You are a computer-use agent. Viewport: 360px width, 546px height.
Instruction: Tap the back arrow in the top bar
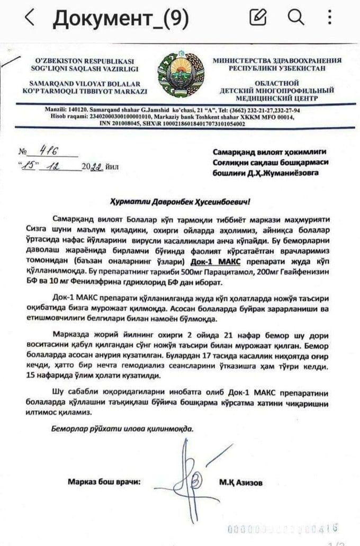click(30, 19)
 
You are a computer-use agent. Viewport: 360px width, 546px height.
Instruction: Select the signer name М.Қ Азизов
click(240, 482)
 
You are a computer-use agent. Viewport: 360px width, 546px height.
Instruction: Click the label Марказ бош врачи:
click(104, 482)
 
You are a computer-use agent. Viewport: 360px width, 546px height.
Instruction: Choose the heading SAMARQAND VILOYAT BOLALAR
click(85, 83)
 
